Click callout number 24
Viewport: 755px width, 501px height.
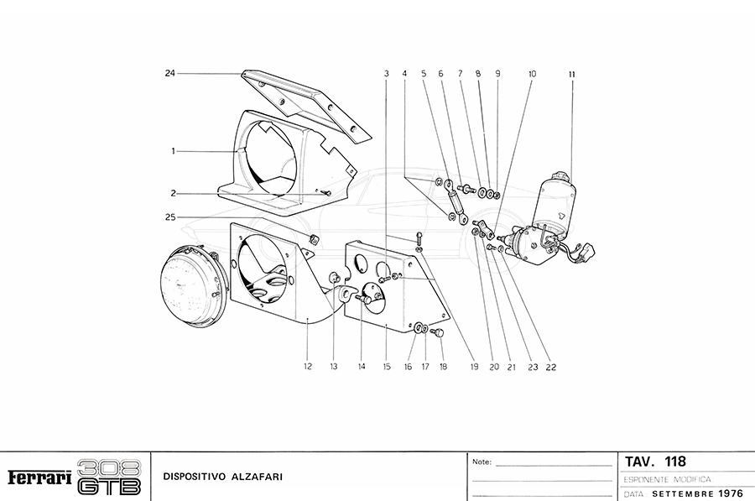(169, 74)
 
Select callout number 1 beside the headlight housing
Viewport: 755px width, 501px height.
(173, 151)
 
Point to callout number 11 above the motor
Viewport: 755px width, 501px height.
(571, 74)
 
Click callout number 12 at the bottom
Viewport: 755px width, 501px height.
(308, 366)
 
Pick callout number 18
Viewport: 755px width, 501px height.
(442, 366)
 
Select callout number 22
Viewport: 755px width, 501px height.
(551, 366)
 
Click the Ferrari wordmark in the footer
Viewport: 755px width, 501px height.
(39, 478)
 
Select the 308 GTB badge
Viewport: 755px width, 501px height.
(109, 478)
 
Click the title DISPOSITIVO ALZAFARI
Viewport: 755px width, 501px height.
(223, 478)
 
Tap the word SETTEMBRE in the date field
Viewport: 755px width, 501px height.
(683, 493)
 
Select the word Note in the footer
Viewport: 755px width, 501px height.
(482, 462)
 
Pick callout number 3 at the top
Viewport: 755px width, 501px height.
(387, 74)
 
